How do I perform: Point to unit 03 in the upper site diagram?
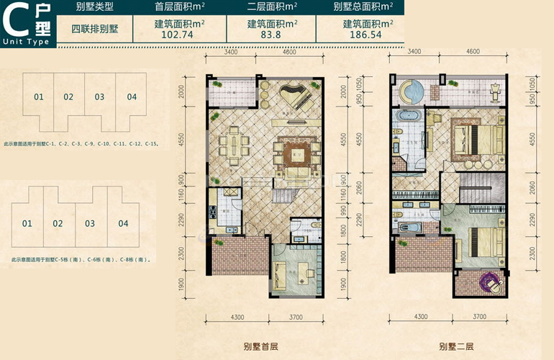[99, 96]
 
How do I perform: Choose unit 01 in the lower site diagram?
[27, 224]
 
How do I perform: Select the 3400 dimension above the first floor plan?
[230, 52]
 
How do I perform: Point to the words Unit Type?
[26, 42]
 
